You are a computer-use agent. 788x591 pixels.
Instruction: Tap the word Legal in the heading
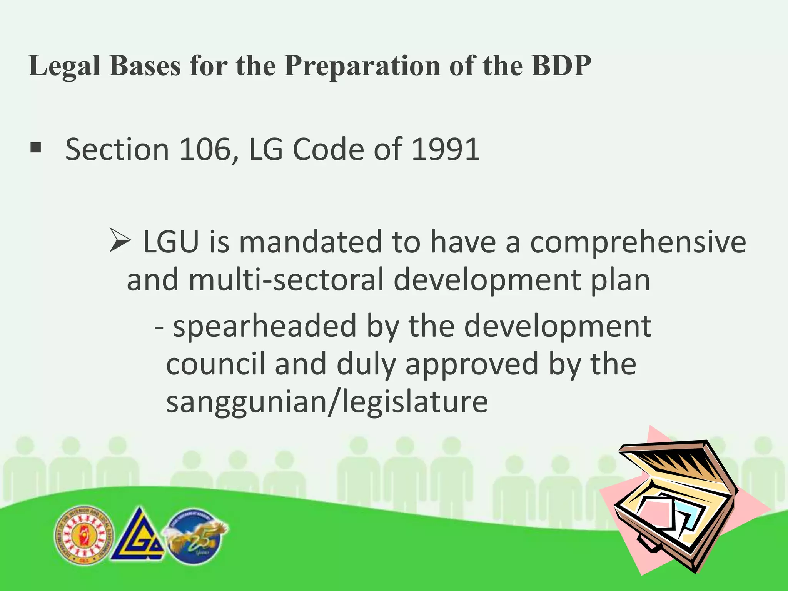64,67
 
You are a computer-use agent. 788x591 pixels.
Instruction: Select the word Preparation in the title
362,67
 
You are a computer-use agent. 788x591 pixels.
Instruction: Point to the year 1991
446,149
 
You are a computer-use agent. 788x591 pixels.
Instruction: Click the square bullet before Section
35,148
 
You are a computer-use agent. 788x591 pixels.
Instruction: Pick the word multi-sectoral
286,280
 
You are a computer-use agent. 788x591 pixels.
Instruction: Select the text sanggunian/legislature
327,402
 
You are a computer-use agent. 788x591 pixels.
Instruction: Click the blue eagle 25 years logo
195,536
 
